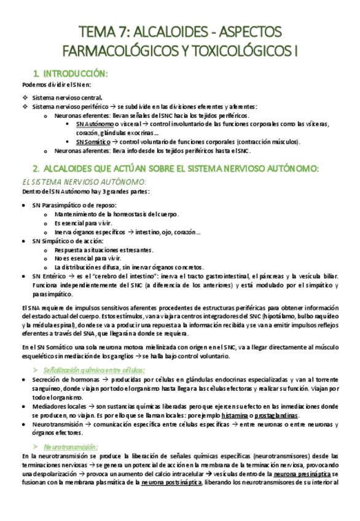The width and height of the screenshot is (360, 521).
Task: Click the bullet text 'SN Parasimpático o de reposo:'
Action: coord(74,205)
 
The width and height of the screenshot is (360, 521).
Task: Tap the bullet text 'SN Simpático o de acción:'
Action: coord(68,241)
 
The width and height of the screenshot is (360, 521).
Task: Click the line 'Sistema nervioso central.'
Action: coord(68,97)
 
